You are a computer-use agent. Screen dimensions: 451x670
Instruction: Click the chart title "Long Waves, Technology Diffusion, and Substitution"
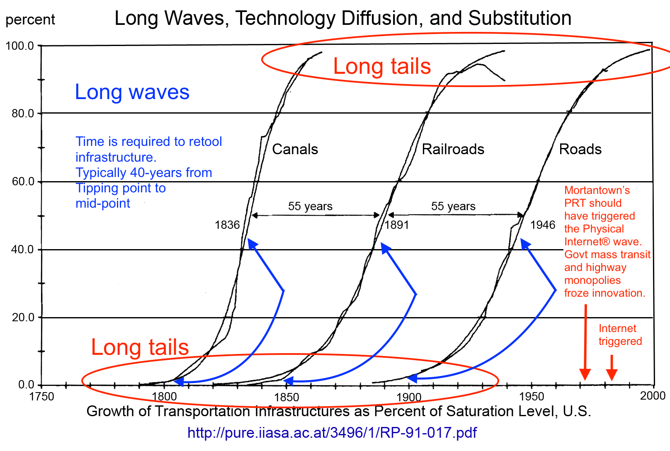343,18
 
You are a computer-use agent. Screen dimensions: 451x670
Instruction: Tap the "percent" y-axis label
30,19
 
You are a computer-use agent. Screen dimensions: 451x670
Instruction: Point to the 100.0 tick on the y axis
19,46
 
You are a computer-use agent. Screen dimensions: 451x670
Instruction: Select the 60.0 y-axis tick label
23,182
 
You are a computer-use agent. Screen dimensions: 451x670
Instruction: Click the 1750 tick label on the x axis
41,397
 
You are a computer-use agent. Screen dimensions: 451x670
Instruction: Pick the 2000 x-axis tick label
653,396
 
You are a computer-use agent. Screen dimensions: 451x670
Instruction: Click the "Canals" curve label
295,149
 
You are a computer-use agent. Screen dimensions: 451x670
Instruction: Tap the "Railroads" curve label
453,149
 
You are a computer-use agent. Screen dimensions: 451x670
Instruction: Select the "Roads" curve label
580,149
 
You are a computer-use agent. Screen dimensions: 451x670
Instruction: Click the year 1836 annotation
227,225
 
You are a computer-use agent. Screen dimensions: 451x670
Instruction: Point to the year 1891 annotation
397,225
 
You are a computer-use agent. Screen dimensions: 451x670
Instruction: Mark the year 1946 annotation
543,225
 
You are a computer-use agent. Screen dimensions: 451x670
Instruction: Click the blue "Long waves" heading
132,92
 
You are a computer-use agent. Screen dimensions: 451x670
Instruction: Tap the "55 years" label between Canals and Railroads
310,206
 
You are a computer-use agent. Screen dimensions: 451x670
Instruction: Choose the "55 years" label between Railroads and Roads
453,206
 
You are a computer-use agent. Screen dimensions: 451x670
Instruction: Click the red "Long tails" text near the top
382,66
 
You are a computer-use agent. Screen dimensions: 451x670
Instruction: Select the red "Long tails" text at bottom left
140,347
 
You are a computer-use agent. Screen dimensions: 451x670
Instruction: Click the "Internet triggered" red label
620,335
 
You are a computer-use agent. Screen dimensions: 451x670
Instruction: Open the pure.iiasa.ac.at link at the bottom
332,433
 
